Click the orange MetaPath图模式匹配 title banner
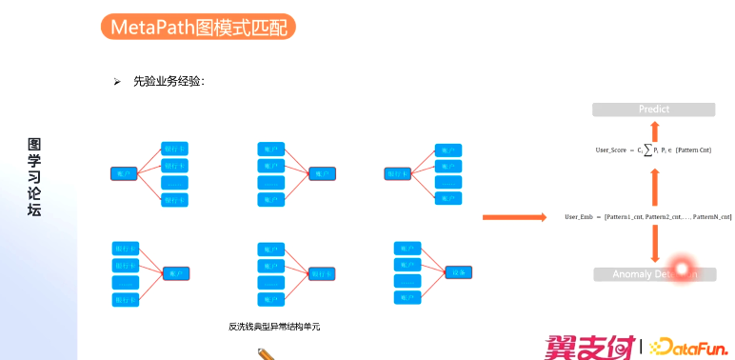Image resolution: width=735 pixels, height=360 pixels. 197,27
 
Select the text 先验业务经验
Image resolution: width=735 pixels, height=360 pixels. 169,81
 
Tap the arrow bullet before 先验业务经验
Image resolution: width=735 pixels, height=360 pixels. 117,81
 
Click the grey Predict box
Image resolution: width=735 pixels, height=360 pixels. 653,110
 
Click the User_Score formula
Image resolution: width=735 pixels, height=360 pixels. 653,150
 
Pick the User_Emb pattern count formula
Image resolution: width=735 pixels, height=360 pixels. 647,218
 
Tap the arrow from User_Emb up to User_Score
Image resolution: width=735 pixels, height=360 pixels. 653,185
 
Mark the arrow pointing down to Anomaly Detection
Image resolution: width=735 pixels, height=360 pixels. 653,245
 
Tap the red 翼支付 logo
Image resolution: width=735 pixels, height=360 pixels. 589,346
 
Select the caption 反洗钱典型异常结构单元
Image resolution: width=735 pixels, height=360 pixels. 274,327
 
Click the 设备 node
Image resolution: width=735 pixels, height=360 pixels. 458,272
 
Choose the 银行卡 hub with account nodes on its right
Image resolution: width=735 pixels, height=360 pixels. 397,173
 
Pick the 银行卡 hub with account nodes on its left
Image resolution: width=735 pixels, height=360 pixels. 323,272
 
